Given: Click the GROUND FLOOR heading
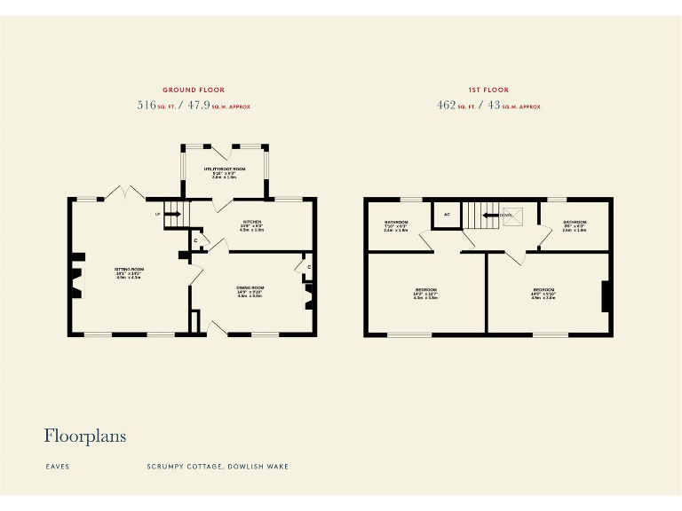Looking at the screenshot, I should point(193,90).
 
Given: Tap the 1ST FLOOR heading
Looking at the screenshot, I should point(488,90).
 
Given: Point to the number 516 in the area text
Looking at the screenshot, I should point(146,106).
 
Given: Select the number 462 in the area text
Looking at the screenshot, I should point(445,106).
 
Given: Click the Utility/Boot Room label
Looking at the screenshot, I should point(224,169).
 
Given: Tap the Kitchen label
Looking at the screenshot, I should point(251,222).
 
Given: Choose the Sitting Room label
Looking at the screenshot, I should point(129,269).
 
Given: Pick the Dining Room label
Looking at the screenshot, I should point(250,288).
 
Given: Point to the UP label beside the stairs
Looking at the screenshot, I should point(158,214).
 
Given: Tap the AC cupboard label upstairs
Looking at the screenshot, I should point(447,214).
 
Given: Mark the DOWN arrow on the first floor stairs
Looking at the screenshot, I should point(490,214).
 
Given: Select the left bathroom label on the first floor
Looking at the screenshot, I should point(396,222).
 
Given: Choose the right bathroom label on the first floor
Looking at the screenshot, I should point(573,222).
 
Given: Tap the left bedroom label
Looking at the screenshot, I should point(426,290).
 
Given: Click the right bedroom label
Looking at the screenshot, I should point(543,290).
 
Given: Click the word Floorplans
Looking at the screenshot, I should point(85,436).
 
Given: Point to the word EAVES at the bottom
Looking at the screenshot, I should point(57,466).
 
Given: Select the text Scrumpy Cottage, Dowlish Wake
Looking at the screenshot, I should point(218,466).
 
